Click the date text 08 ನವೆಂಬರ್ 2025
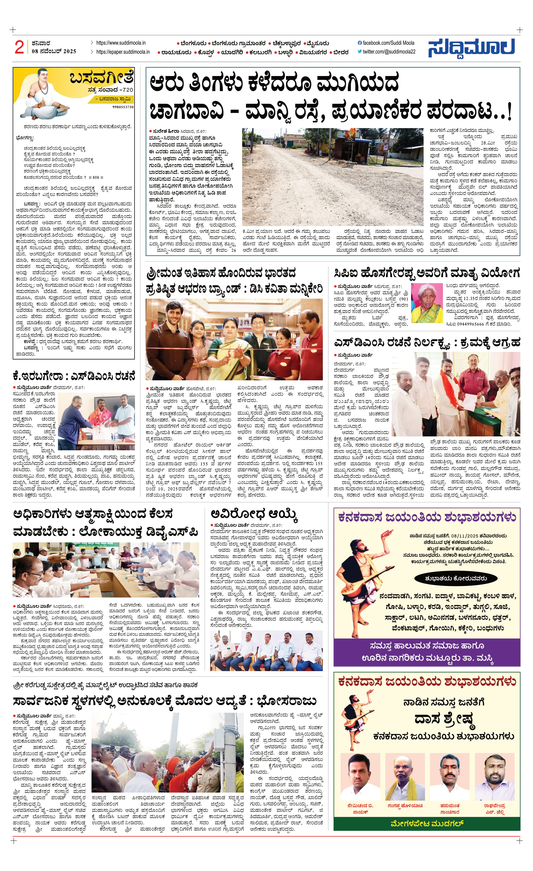(54, 51)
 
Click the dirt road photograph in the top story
(333, 177)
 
